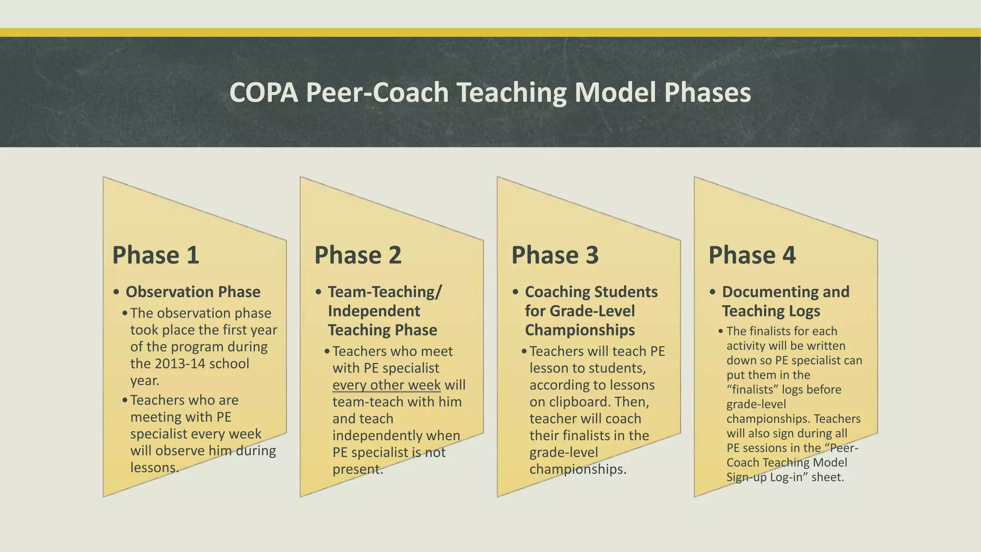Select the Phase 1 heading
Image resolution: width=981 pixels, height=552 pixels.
[x=155, y=254]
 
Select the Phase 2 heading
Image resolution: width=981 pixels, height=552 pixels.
[x=357, y=254]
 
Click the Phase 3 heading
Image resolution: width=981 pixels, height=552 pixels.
[x=555, y=254]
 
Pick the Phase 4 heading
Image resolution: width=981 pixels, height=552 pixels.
[x=752, y=254]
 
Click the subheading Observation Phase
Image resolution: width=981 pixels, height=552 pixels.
[x=193, y=292]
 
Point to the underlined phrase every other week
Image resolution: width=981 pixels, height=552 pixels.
[x=386, y=385]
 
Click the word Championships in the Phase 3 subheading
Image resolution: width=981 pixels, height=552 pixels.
[x=580, y=330]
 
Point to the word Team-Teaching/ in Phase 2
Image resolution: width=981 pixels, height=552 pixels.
[x=385, y=292]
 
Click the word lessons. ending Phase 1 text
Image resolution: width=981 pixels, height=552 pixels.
[x=154, y=468]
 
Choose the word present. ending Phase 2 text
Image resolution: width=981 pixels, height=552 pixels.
[x=358, y=469]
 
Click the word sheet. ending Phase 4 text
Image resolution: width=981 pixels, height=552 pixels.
[x=827, y=477]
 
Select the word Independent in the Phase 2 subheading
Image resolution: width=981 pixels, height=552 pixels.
[x=374, y=311]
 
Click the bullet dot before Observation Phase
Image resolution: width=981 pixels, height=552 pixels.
[x=116, y=292]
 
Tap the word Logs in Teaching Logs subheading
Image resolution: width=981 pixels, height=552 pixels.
[x=804, y=311]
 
